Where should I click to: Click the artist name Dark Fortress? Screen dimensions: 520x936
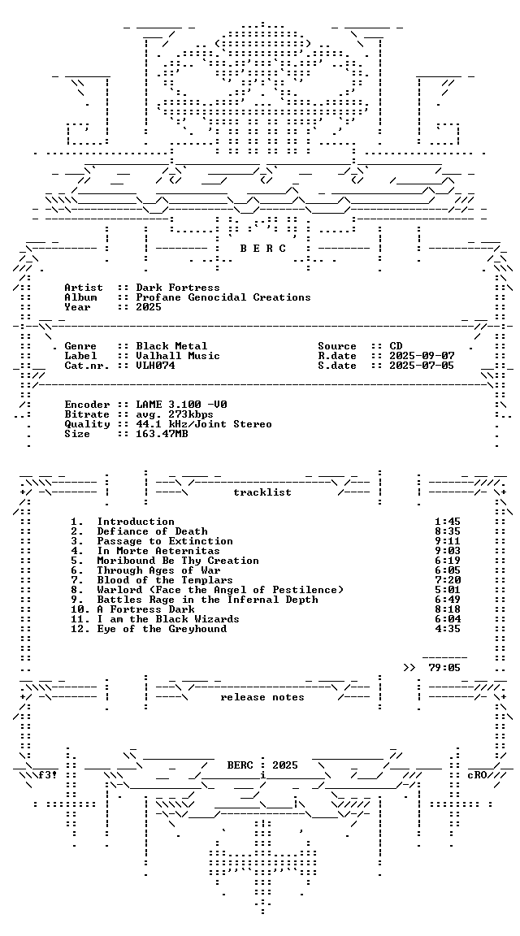[x=178, y=288]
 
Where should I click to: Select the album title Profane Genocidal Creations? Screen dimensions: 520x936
[x=223, y=297]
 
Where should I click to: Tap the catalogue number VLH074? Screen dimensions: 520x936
[x=155, y=366]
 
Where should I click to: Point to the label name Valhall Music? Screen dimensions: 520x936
[x=178, y=356]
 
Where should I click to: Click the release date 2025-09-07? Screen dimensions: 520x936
[x=422, y=356]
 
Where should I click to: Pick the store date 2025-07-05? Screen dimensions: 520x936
[x=422, y=366]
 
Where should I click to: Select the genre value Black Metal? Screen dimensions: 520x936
[x=171, y=346]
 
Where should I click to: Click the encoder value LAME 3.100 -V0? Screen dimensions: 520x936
[x=181, y=405]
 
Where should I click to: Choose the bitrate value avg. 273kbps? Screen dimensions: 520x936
[x=175, y=414]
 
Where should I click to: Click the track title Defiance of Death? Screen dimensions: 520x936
[x=152, y=531]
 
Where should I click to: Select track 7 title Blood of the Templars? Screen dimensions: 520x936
[x=165, y=580]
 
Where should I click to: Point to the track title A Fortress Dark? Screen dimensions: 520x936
[x=145, y=609]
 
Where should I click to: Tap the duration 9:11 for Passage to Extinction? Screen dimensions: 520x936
[x=448, y=541]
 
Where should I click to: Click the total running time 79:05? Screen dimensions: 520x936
[x=444, y=668]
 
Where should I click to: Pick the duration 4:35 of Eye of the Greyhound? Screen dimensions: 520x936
[x=448, y=629]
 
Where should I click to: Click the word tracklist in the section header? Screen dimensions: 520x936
[x=262, y=492]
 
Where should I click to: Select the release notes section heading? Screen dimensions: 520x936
[x=262, y=697]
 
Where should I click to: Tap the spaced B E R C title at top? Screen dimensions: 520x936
[x=262, y=249]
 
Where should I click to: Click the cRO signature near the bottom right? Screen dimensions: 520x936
[x=477, y=775]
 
